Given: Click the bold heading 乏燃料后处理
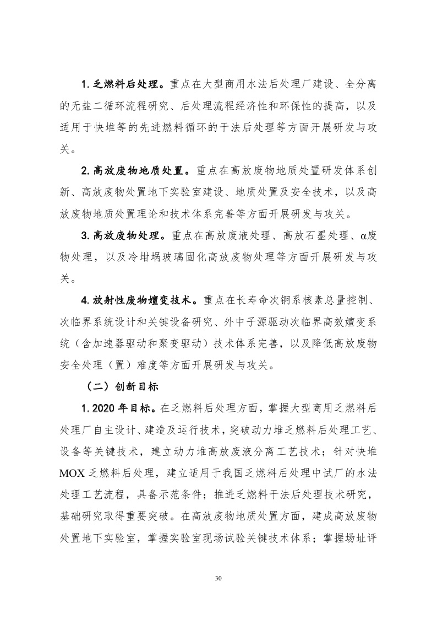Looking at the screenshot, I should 126,85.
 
